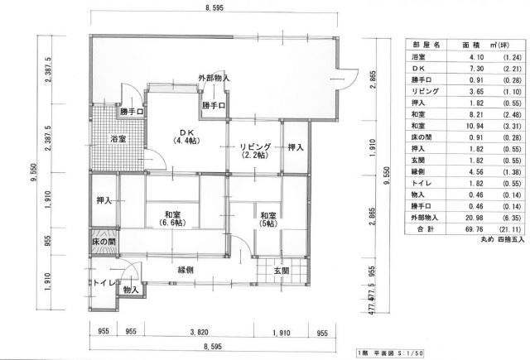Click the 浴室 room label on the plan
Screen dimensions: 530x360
(x=118, y=139)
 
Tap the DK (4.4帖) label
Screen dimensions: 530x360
(x=185, y=136)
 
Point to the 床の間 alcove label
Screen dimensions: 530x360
(x=104, y=242)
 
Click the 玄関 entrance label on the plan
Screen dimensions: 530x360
(x=282, y=271)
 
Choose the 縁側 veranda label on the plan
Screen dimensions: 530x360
(x=185, y=270)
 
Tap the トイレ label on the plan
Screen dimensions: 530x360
(x=105, y=283)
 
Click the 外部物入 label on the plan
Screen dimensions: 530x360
(x=214, y=79)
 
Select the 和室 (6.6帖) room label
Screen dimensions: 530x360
(x=172, y=218)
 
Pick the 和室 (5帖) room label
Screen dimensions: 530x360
(x=268, y=219)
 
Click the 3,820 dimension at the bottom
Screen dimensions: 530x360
(x=199, y=333)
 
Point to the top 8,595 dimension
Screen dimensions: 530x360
(x=214, y=7)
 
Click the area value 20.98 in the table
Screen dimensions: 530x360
(x=476, y=218)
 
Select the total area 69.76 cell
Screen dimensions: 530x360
(x=476, y=229)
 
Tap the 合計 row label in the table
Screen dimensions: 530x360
(x=425, y=229)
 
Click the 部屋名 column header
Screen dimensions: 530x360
(x=426, y=45)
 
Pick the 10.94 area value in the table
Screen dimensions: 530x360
(x=476, y=127)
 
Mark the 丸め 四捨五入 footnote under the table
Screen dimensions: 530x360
(x=503, y=240)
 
